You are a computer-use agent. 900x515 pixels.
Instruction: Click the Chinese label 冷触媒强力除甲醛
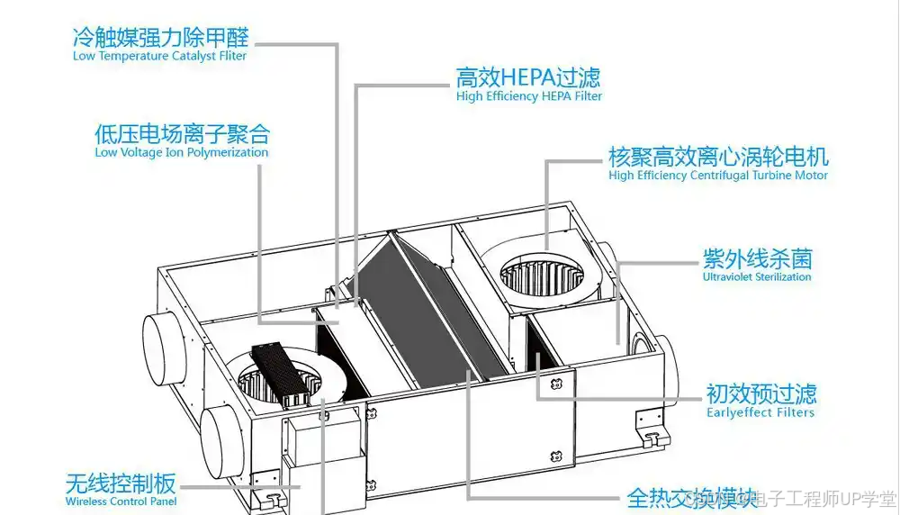click(160, 37)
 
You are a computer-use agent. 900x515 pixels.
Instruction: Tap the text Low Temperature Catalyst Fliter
click(160, 56)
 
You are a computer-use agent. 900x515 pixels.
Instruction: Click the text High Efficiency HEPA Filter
click(529, 96)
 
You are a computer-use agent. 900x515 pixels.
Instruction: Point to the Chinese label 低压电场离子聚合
click(182, 134)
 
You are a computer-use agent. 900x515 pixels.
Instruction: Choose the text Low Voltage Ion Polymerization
click(182, 153)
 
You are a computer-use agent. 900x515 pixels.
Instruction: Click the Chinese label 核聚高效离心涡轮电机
click(718, 157)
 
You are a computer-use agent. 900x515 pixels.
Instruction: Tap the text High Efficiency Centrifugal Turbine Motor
click(718, 176)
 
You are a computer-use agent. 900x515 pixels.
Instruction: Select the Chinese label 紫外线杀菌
click(757, 259)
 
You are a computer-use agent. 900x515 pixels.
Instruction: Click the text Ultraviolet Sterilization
click(757, 277)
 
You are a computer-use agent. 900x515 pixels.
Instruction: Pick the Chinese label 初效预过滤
click(760, 393)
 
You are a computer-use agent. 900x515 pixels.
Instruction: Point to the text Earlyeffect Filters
click(760, 412)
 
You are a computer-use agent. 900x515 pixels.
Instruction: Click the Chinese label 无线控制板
click(121, 483)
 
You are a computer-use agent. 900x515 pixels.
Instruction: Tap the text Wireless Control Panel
click(121, 501)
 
